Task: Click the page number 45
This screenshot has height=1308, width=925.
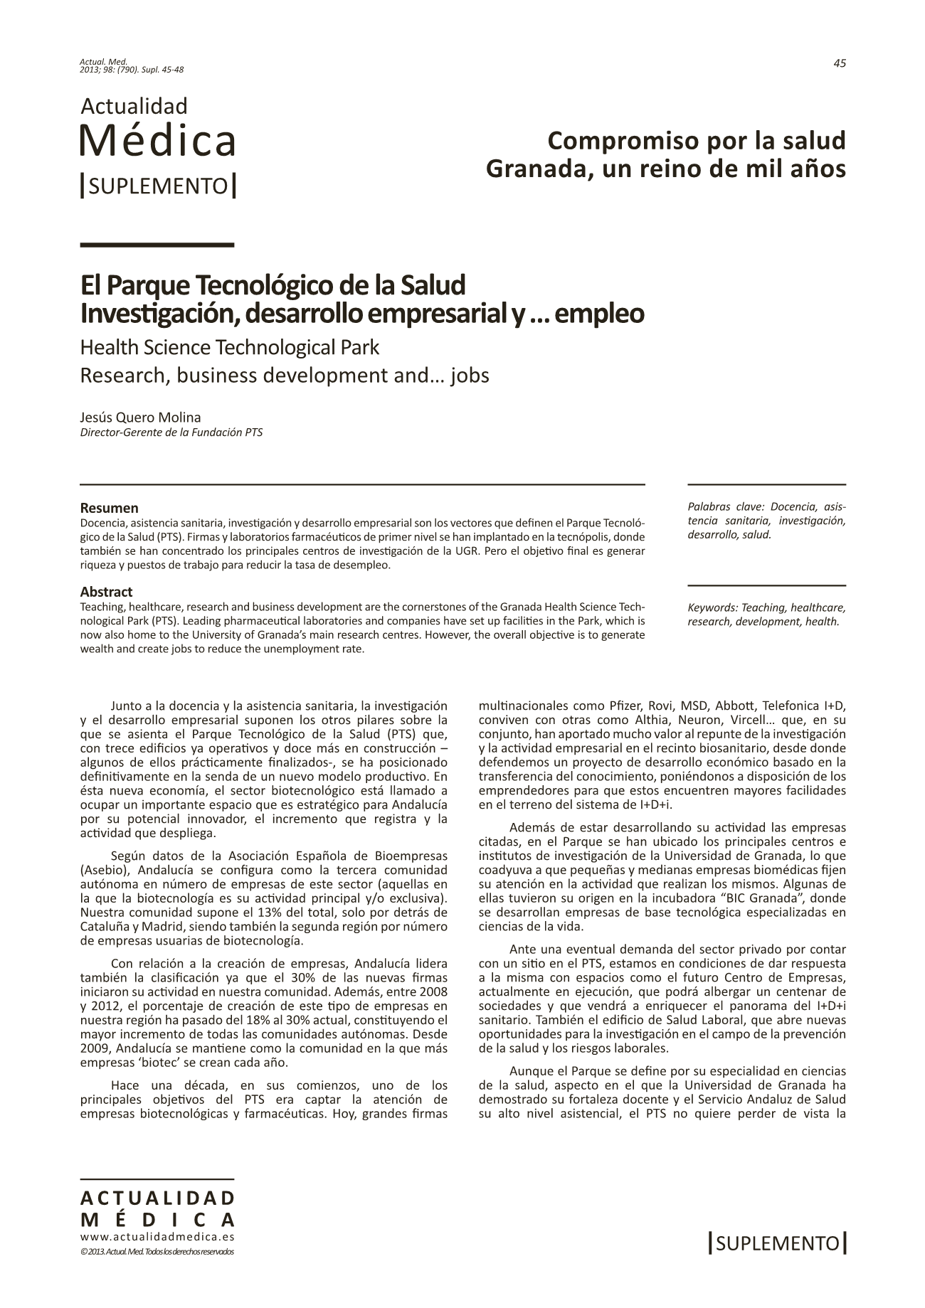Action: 840,63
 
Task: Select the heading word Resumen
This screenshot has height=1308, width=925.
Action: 109,508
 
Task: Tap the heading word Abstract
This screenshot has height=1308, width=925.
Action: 106,592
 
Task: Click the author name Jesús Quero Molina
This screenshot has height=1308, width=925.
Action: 141,418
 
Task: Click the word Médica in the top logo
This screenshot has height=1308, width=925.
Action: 157,141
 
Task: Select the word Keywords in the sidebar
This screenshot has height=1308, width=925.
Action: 712,608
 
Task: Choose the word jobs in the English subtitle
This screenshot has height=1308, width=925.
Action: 471,376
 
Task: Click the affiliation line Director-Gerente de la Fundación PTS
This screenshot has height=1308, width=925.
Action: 171,432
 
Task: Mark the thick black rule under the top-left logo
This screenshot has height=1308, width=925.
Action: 157,245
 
